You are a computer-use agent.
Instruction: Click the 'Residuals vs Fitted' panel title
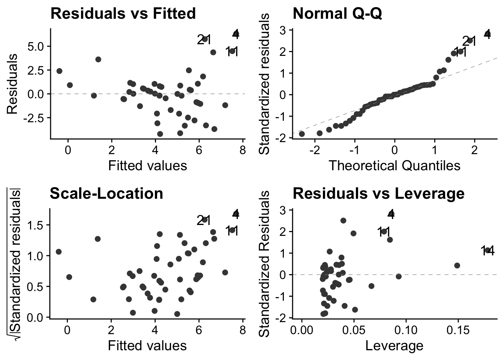[123, 13]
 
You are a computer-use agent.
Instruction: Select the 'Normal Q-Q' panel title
[337, 13]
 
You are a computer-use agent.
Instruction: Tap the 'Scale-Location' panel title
[106, 193]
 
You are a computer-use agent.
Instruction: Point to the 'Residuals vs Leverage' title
[378, 193]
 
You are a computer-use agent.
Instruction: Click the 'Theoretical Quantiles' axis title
[394, 165]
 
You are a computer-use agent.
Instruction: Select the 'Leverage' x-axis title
[394, 345]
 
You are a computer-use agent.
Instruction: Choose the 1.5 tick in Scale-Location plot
[38, 225]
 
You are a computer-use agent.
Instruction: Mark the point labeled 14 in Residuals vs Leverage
[487, 250]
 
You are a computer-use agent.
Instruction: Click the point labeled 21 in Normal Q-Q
[470, 40]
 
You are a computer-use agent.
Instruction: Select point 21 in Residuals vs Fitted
[205, 39]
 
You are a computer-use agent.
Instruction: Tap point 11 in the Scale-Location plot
[232, 230]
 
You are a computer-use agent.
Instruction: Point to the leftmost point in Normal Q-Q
[301, 134]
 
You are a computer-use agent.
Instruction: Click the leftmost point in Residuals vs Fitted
[59, 71]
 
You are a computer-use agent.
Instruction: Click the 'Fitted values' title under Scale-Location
[147, 345]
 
